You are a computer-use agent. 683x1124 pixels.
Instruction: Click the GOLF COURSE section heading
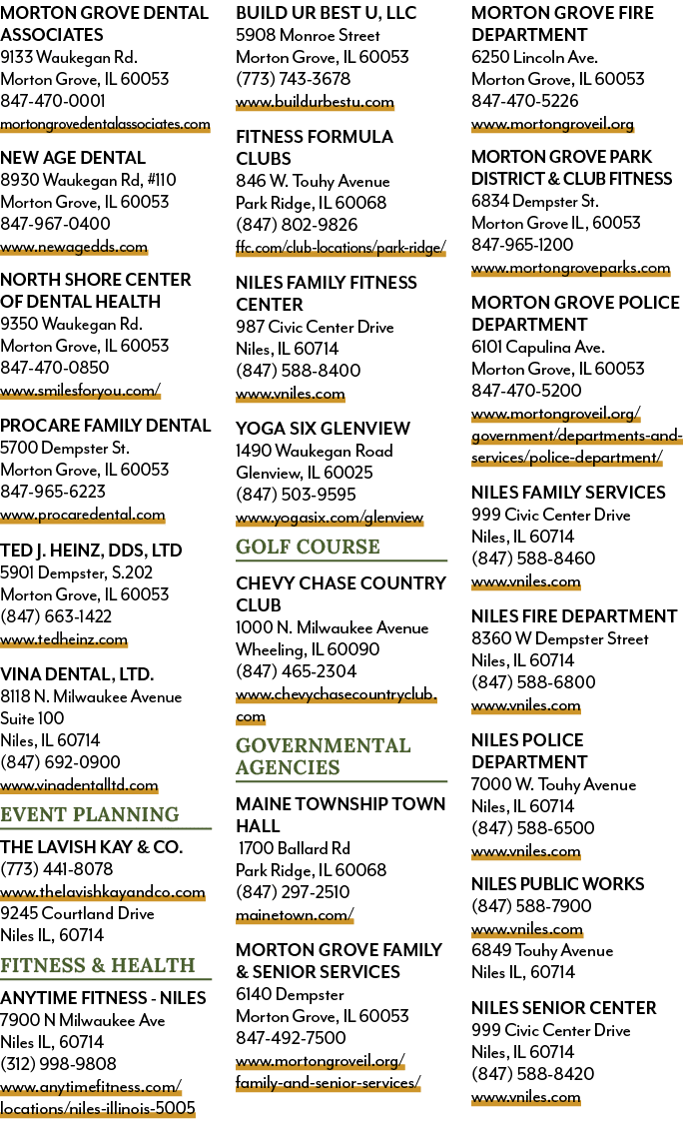[309, 547]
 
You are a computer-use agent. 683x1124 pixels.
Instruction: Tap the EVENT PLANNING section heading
[90, 814]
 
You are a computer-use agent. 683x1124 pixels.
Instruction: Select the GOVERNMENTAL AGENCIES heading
[324, 756]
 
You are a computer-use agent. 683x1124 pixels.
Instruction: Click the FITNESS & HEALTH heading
[98, 965]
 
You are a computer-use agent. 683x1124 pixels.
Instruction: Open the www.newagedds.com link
[74, 248]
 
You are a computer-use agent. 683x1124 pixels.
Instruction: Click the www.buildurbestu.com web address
[315, 102]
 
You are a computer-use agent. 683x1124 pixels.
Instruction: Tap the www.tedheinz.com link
[64, 639]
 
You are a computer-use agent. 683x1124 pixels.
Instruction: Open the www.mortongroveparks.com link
[570, 268]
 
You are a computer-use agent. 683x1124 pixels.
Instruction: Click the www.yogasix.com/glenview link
[330, 518]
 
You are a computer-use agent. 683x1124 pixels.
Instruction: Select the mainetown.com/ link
[295, 915]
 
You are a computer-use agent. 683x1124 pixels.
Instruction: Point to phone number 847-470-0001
[53, 101]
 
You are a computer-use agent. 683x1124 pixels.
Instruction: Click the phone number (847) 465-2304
[296, 671]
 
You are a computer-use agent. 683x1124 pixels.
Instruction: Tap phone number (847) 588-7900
[531, 906]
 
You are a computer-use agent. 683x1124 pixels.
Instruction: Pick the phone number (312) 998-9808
[58, 1064]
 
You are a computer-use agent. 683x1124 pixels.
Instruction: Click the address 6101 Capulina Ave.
[537, 347]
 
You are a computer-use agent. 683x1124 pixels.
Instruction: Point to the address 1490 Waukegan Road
[314, 451]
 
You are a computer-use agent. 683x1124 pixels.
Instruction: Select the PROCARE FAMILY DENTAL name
[106, 426]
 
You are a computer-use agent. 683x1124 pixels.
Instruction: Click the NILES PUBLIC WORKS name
[557, 884]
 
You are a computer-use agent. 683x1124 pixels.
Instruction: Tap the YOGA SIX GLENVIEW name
[323, 429]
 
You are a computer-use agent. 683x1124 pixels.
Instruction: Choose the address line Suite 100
[32, 718]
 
